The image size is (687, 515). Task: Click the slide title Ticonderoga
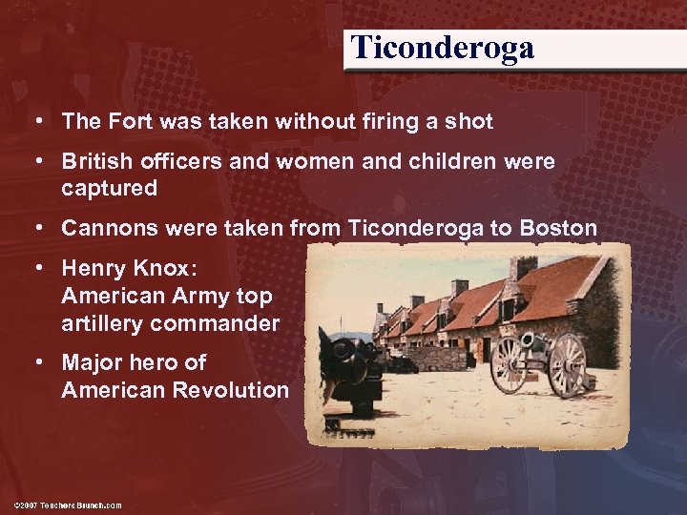pos(442,47)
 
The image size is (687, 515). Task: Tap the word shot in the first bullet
pos(469,121)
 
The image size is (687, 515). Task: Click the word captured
pos(109,188)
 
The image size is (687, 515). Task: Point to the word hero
pos(150,363)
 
